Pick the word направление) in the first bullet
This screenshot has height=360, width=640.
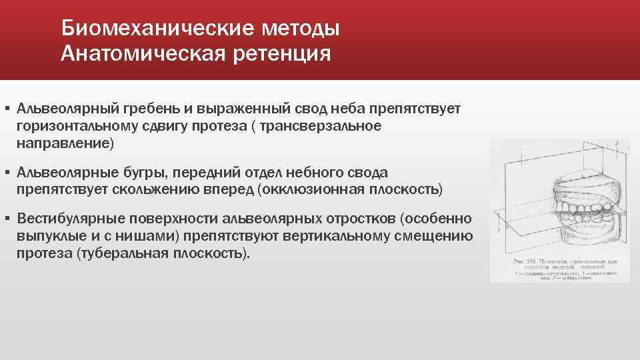(66, 143)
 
